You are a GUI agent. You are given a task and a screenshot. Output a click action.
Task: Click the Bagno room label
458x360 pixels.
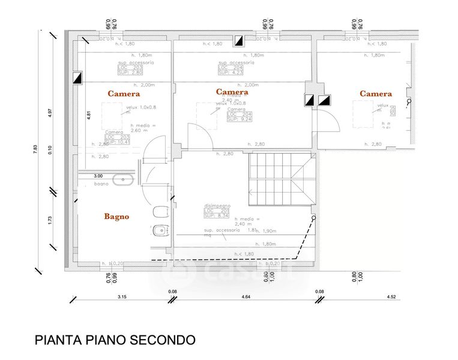(116, 217)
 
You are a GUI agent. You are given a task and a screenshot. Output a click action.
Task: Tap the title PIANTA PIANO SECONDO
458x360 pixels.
(115, 340)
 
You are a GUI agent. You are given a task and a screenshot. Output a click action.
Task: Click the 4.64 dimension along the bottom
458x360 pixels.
(246, 296)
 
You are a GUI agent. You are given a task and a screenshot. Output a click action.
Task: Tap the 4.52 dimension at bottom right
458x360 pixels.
(391, 296)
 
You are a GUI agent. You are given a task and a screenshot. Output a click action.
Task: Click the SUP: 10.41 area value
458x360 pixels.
(118, 142)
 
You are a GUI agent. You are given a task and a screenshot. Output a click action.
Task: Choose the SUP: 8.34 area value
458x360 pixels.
(215, 215)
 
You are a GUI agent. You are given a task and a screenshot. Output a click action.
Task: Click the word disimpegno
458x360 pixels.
(217, 206)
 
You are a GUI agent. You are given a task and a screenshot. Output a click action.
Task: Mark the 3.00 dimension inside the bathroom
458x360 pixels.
(98, 176)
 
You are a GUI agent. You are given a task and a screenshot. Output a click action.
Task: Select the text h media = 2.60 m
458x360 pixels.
(142, 127)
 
